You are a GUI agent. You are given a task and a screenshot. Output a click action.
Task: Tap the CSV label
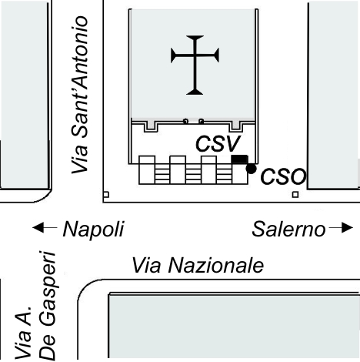[x=218, y=144]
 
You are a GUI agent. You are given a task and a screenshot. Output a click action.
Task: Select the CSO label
[x=283, y=176]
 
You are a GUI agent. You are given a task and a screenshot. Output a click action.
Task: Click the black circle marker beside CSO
[x=251, y=169]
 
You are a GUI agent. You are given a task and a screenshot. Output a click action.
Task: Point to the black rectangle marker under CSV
[x=240, y=159]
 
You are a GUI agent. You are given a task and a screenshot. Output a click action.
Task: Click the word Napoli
[x=94, y=230]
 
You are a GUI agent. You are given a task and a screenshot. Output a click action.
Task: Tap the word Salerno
[x=288, y=229]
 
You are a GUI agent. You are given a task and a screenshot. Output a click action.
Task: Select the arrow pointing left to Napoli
[x=45, y=227]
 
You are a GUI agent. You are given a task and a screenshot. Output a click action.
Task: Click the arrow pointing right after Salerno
[x=341, y=228]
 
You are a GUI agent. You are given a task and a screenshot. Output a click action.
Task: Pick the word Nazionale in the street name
[x=216, y=266]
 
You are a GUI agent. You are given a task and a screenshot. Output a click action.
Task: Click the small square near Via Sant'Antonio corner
[x=106, y=195]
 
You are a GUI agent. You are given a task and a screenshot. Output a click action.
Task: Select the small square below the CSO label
[x=295, y=195]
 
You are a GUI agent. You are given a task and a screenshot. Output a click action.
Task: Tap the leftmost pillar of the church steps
[x=147, y=169]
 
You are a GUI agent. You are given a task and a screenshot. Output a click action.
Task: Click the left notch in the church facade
[x=151, y=126]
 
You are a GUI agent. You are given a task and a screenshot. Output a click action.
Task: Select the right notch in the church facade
[x=236, y=126]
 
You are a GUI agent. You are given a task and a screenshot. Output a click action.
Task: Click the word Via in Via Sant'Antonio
[x=80, y=159]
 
